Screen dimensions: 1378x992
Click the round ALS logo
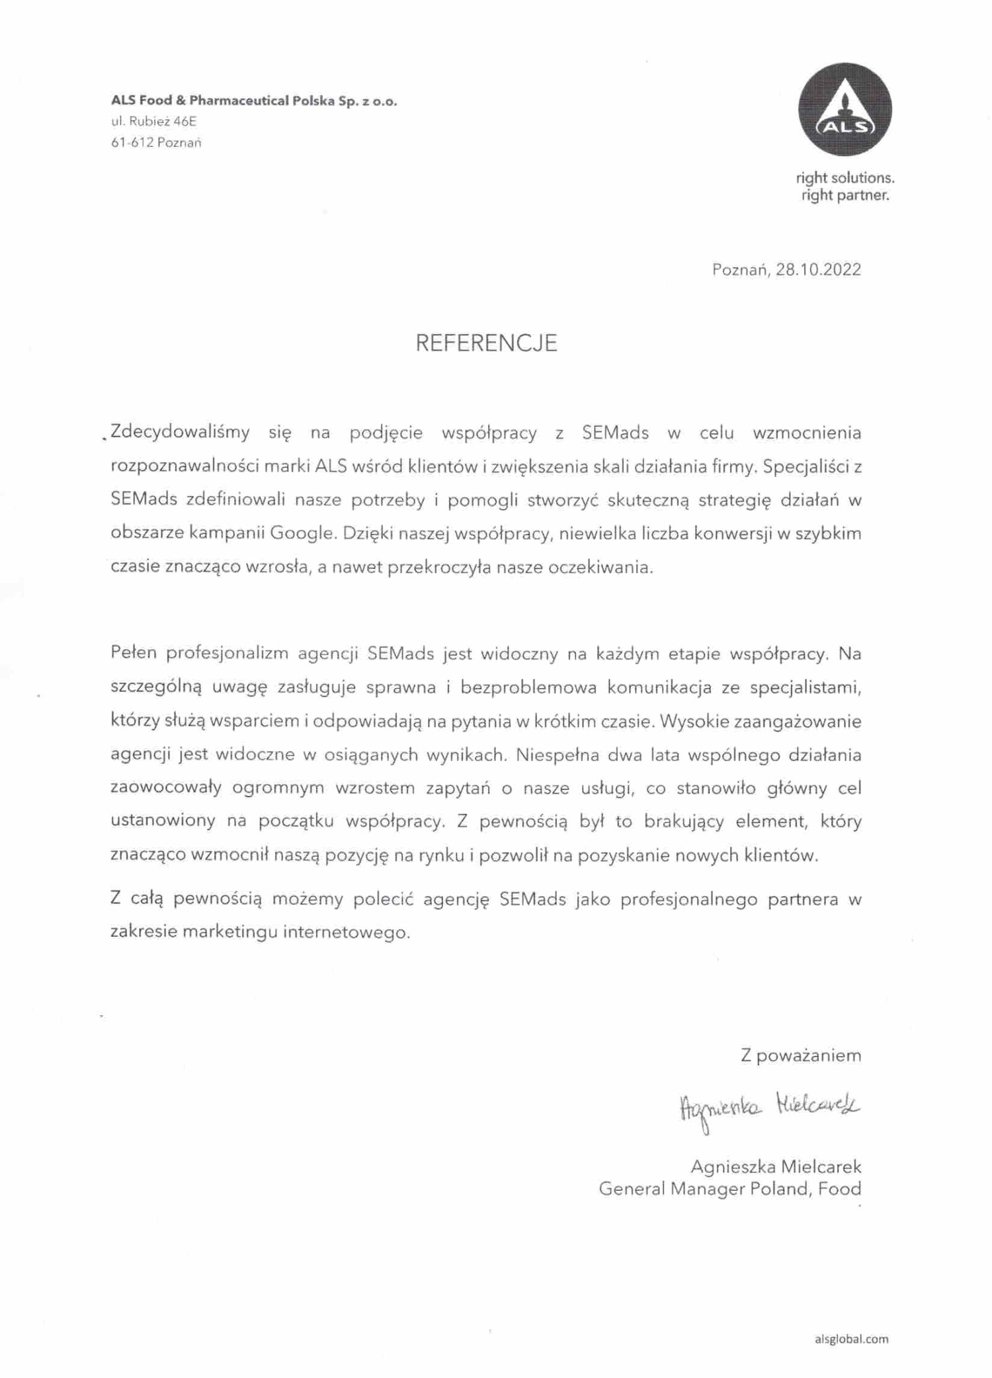pyautogui.click(x=845, y=110)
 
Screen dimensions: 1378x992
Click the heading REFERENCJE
pyautogui.click(x=486, y=343)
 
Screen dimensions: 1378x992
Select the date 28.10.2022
pyautogui.click(x=818, y=269)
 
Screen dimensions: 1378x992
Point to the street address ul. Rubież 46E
pyautogui.click(x=153, y=122)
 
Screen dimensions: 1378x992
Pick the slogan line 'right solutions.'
pyautogui.click(x=845, y=178)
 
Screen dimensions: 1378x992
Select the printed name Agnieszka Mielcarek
pyautogui.click(x=776, y=1166)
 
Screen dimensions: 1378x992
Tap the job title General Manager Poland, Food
pyautogui.click(x=729, y=1189)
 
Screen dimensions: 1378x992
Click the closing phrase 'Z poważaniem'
pyautogui.click(x=800, y=1055)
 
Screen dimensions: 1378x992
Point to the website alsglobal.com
pyautogui.click(x=852, y=1339)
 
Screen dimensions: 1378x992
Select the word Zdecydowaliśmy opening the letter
pyautogui.click(x=180, y=433)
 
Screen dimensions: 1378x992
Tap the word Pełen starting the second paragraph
pyautogui.click(x=134, y=654)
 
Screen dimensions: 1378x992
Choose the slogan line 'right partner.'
pyautogui.click(x=845, y=196)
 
